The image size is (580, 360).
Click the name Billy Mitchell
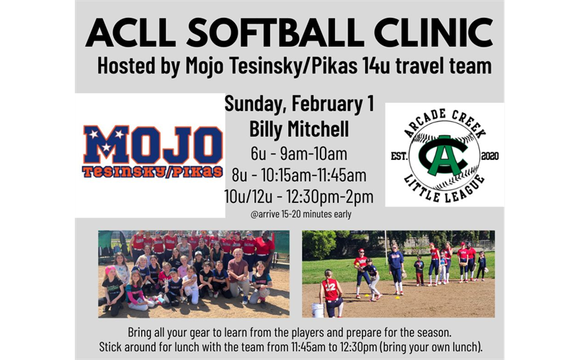299,130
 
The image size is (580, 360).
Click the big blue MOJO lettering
151,145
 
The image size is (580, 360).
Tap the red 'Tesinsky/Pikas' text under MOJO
151,173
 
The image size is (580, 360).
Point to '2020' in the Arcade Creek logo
489,156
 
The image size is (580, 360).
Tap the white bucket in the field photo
318,310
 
